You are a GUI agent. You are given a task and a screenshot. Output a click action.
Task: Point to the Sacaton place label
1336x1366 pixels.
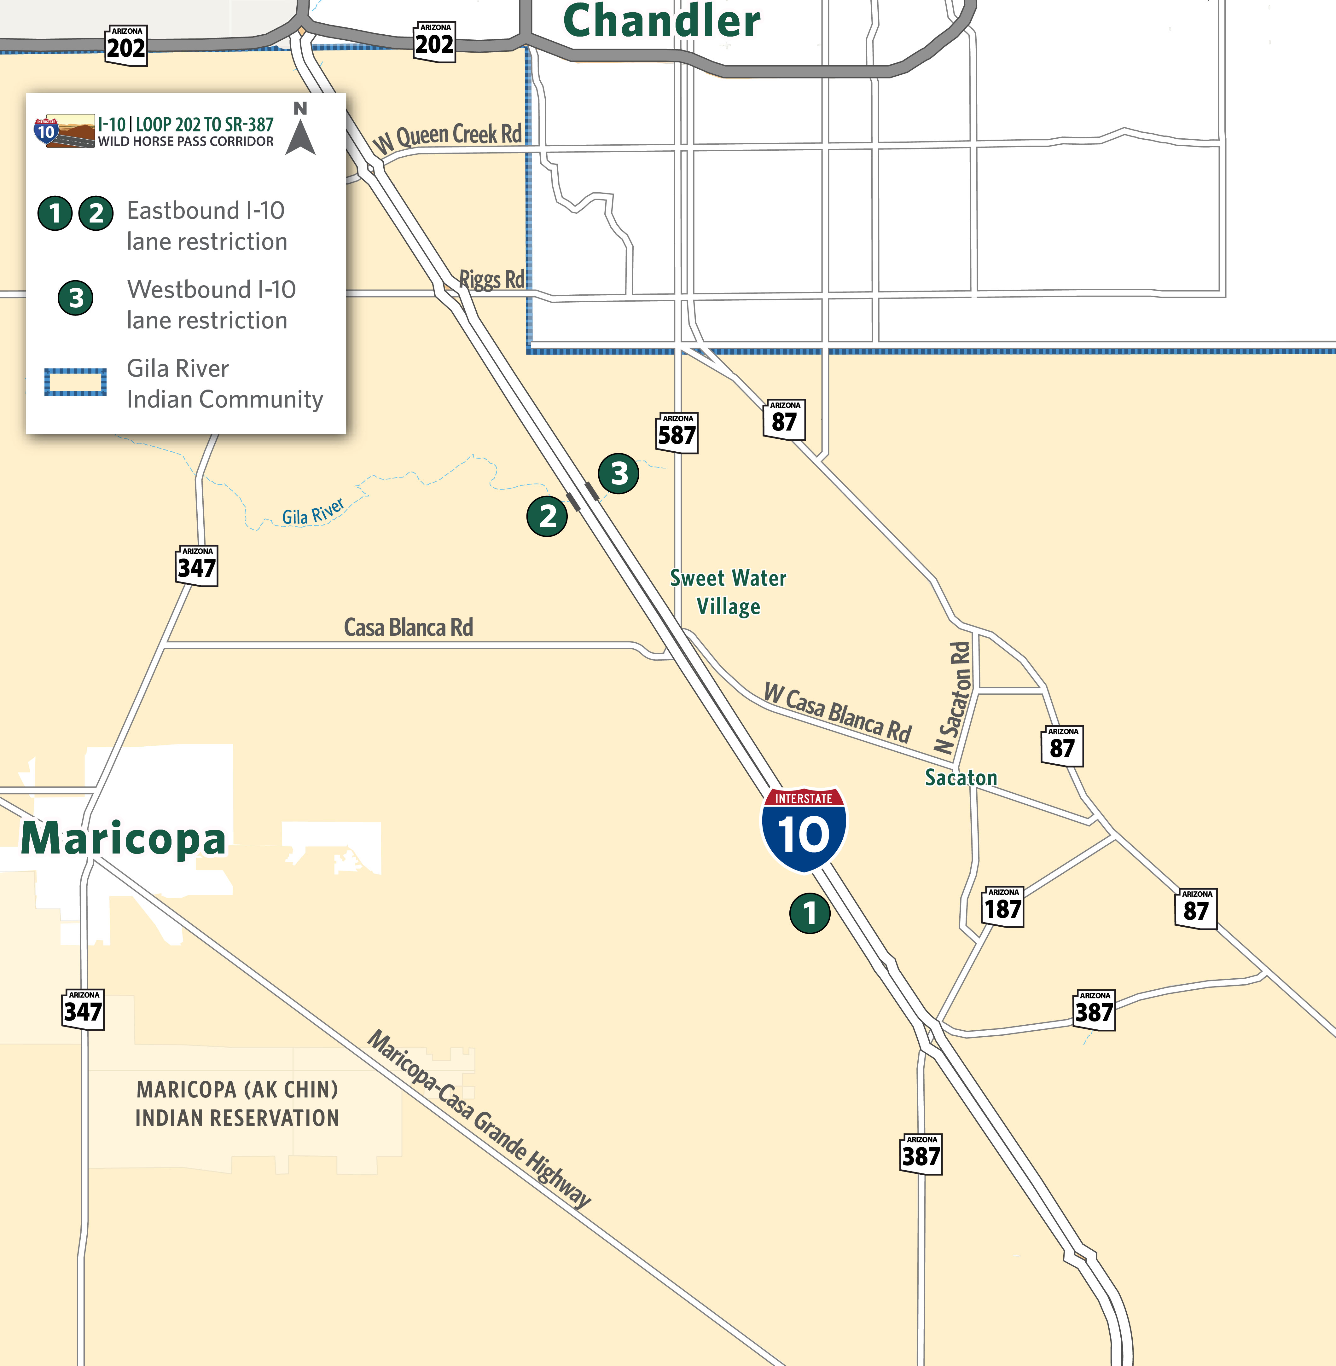(x=961, y=777)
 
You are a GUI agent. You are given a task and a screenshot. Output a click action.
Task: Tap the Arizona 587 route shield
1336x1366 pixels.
(x=677, y=433)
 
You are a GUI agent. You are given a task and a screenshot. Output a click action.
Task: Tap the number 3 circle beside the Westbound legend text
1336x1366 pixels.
(x=76, y=298)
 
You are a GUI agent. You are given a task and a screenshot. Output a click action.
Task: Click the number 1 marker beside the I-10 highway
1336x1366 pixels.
(x=810, y=913)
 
